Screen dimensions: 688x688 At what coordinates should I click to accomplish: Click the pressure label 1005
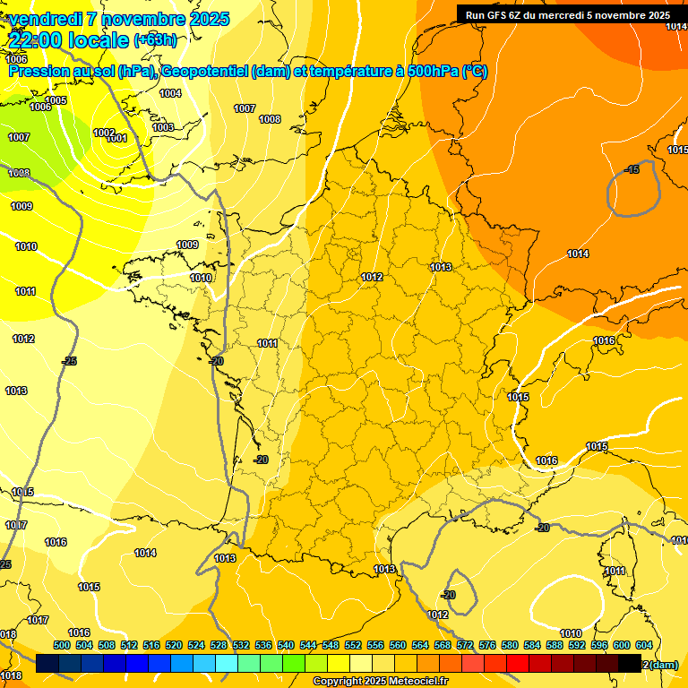(x=56, y=100)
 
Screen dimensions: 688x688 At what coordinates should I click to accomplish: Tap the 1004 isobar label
(x=170, y=93)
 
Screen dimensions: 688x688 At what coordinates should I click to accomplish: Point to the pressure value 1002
(x=104, y=133)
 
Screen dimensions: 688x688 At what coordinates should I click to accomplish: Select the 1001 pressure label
(x=117, y=139)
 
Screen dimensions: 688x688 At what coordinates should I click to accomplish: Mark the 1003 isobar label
(x=163, y=127)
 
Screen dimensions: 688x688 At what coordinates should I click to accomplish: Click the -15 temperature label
(x=632, y=169)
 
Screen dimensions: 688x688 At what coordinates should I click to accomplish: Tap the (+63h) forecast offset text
(x=155, y=39)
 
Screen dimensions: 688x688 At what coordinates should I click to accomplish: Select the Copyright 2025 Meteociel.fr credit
(x=380, y=682)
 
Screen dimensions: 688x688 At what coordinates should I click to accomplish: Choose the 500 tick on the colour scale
(x=62, y=645)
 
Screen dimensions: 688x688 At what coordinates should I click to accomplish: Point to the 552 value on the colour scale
(x=353, y=645)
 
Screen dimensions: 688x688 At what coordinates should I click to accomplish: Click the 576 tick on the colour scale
(x=487, y=645)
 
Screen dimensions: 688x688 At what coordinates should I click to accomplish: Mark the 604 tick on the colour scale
(x=644, y=645)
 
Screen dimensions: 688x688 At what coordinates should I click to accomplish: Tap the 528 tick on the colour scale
(x=219, y=645)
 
